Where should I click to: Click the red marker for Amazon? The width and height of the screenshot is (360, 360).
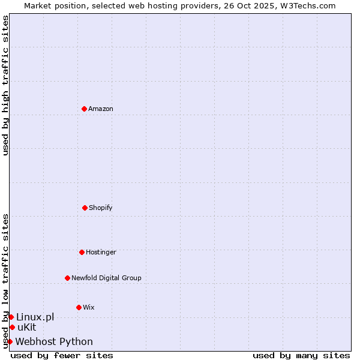click(x=84, y=109)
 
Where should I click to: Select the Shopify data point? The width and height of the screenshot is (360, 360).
click(x=85, y=208)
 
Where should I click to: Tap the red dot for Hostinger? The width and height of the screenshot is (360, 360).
click(x=82, y=252)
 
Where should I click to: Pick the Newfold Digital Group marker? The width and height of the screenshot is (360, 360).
click(x=67, y=278)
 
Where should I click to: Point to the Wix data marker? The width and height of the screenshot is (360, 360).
click(x=79, y=307)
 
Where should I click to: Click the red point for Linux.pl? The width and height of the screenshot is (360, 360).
click(x=11, y=317)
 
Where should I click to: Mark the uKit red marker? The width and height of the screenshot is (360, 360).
click(x=12, y=327)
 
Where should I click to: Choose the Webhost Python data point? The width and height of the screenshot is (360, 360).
click(x=10, y=341)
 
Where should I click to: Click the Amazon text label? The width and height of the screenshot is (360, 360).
click(x=101, y=109)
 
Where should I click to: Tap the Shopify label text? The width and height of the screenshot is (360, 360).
click(x=101, y=208)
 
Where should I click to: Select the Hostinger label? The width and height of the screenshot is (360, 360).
click(x=101, y=252)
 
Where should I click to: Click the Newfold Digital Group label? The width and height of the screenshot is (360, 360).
click(x=106, y=278)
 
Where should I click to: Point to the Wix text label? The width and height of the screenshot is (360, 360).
click(x=89, y=307)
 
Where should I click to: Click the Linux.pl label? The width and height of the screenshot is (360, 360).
click(x=35, y=317)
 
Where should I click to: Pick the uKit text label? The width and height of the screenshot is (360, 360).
click(x=27, y=327)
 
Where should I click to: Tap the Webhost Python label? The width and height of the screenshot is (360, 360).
click(x=54, y=341)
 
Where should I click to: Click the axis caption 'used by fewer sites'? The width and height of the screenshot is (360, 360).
click(x=62, y=355)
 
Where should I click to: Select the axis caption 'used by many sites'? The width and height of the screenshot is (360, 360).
click(x=301, y=355)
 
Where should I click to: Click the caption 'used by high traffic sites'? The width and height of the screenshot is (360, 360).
click(x=5, y=85)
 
